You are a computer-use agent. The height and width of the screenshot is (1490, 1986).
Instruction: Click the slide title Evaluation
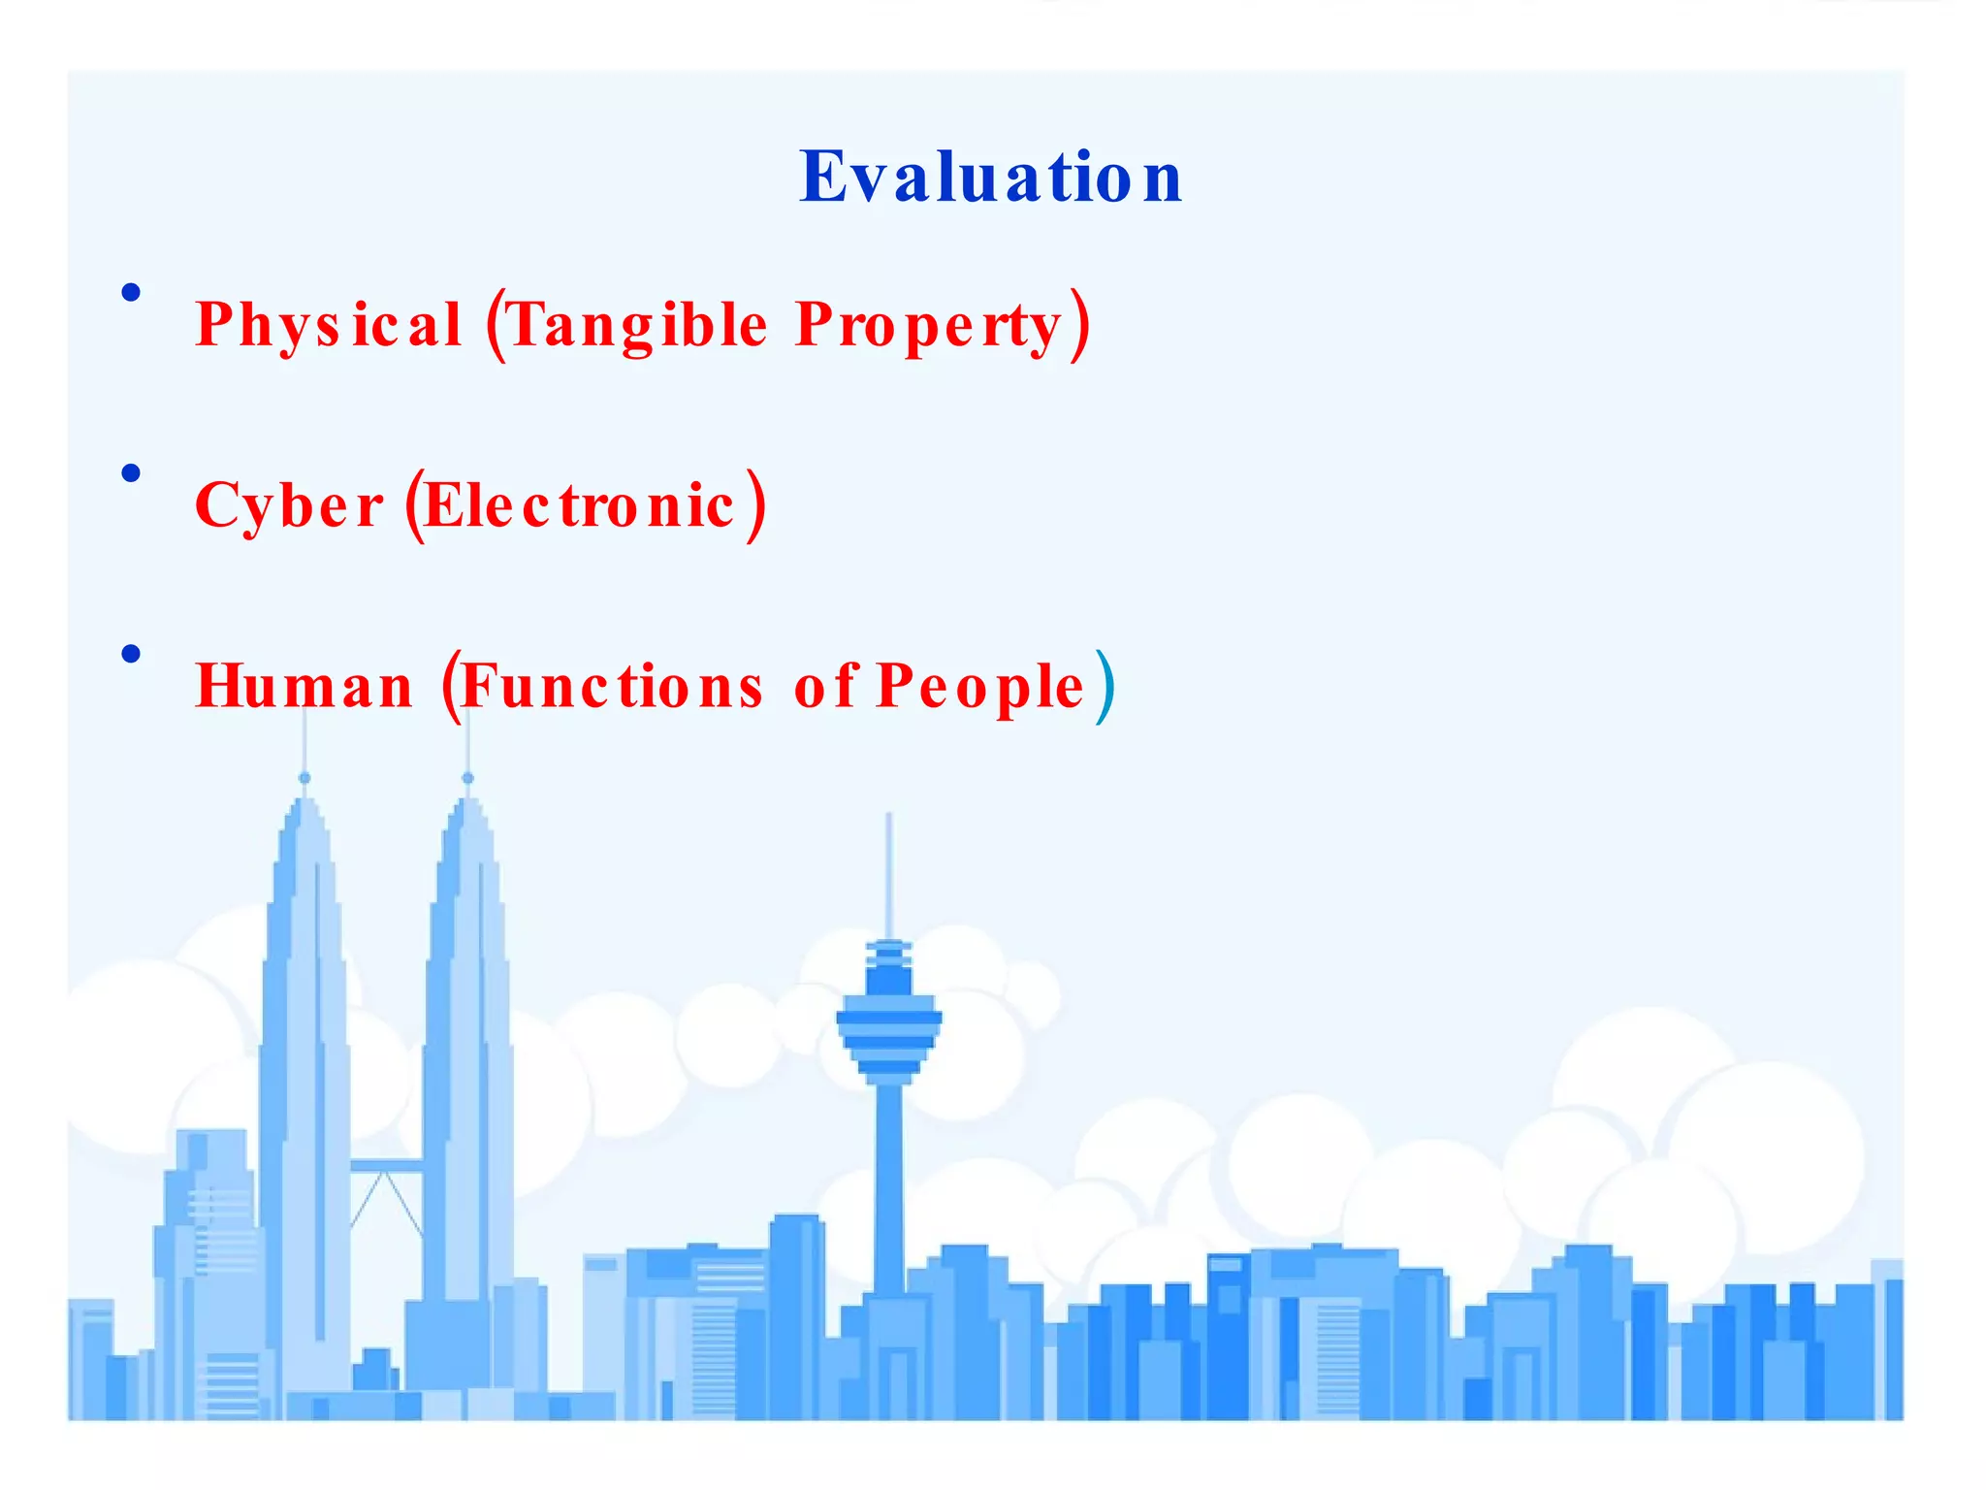(x=990, y=178)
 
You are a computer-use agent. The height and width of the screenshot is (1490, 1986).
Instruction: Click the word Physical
(x=328, y=324)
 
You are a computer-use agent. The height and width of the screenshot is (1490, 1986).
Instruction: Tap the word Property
(x=929, y=326)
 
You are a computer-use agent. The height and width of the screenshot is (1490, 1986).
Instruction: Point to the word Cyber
(x=289, y=506)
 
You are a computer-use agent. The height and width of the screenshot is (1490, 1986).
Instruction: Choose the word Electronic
(x=579, y=506)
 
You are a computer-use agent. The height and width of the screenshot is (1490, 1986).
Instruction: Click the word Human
(x=304, y=687)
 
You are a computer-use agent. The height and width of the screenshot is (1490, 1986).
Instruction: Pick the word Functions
(x=612, y=687)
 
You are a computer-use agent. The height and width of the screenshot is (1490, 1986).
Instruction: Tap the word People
(x=979, y=687)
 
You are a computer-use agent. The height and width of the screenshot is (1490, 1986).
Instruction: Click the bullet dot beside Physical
(x=131, y=292)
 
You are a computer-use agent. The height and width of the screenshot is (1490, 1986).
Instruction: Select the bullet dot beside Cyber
(x=131, y=473)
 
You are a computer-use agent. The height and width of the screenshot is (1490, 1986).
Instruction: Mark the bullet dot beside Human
(x=131, y=654)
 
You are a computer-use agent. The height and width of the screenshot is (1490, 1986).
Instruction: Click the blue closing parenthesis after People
(x=1105, y=687)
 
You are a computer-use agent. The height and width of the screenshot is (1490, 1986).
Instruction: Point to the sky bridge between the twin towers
(x=386, y=1165)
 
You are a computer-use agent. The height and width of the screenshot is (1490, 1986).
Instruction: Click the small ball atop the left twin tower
(x=304, y=778)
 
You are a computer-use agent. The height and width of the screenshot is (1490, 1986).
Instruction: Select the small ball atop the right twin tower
(x=468, y=778)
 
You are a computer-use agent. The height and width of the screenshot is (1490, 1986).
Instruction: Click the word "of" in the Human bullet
(x=825, y=687)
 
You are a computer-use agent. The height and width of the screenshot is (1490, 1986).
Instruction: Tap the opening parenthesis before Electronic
(x=414, y=506)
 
